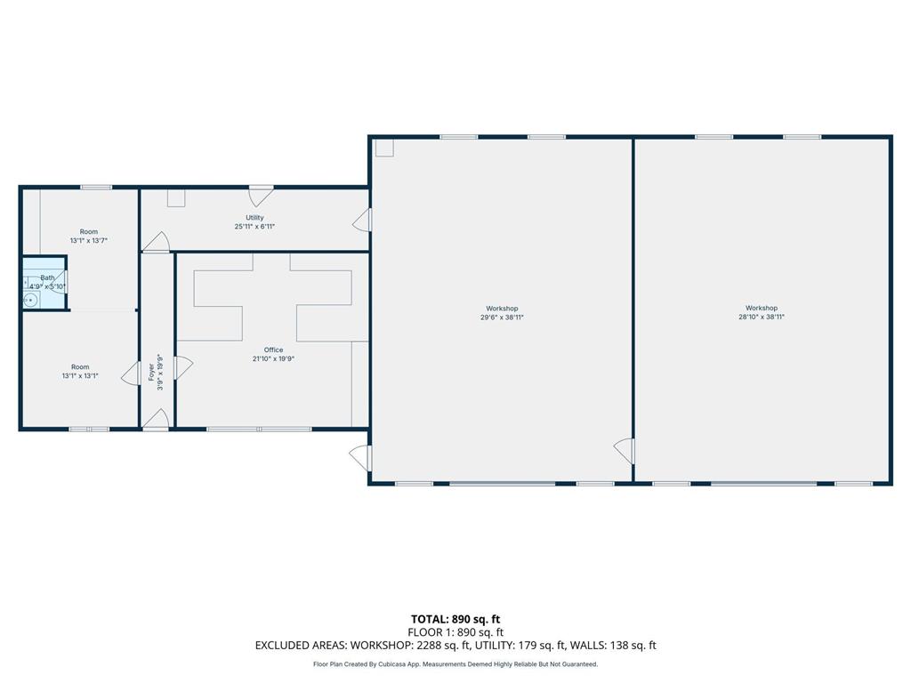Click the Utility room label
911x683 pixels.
(x=254, y=218)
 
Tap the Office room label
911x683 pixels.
(x=274, y=350)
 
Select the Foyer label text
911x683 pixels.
(x=151, y=372)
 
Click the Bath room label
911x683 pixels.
(x=48, y=277)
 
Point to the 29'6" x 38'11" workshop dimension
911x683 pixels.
(x=502, y=317)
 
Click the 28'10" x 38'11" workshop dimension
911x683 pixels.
(x=762, y=317)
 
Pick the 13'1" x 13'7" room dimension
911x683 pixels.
(x=89, y=240)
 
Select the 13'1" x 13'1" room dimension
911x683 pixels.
(x=80, y=376)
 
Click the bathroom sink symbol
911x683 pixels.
(x=30, y=301)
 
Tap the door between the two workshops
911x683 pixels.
(x=625, y=451)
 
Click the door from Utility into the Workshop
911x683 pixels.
(x=362, y=221)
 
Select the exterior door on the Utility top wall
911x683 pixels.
(x=261, y=197)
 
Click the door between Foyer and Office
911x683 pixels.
(x=183, y=367)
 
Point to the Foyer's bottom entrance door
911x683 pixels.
(x=156, y=420)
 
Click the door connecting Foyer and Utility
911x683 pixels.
(x=156, y=242)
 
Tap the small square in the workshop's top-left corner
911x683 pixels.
(x=384, y=149)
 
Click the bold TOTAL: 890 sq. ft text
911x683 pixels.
(x=455, y=619)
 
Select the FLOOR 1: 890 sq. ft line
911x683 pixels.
(x=455, y=632)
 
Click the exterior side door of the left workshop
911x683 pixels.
(x=360, y=458)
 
